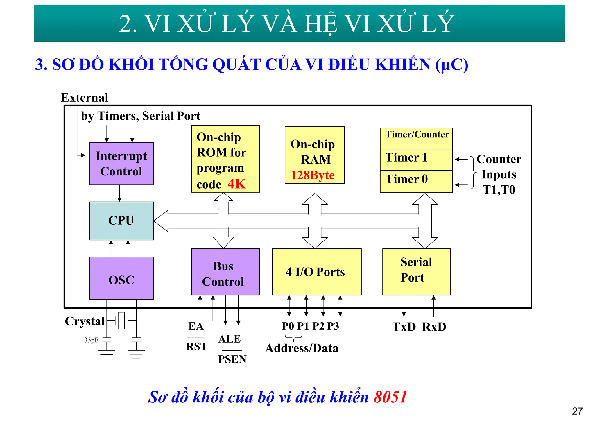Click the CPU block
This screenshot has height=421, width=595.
121,221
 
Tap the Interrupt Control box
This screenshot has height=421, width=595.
121,164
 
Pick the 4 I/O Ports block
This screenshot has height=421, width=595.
317,272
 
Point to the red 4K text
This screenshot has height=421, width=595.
236,184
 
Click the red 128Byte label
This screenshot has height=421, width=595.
313,175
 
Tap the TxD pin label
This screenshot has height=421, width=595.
404,327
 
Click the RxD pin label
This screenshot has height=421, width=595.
434,327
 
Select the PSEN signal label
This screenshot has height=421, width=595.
232,359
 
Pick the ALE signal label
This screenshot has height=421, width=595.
230,339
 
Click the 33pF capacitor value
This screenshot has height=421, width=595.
91,340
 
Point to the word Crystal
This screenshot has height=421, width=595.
85,321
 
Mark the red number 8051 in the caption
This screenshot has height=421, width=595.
390,397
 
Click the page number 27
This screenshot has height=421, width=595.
577,411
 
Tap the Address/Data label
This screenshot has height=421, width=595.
302,348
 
